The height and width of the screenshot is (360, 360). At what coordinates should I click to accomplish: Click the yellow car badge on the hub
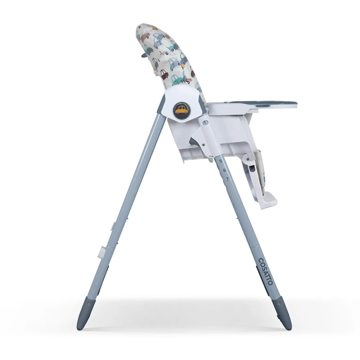pos(182,110)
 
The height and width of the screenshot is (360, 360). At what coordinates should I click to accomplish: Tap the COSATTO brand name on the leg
pos(266,271)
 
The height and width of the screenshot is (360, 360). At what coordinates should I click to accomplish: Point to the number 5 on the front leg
pos(221,161)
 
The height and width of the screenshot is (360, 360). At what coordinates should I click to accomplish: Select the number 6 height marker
pos(224,170)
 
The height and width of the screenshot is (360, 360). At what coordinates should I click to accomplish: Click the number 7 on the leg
pos(228,179)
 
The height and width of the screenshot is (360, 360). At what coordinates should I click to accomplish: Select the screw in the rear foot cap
pos(89,303)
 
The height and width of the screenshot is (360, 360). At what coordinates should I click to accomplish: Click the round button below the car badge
pos(205,123)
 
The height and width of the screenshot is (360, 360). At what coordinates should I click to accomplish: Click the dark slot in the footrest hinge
pos(252,169)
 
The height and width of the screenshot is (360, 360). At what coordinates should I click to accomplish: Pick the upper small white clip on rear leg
pos(113,226)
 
